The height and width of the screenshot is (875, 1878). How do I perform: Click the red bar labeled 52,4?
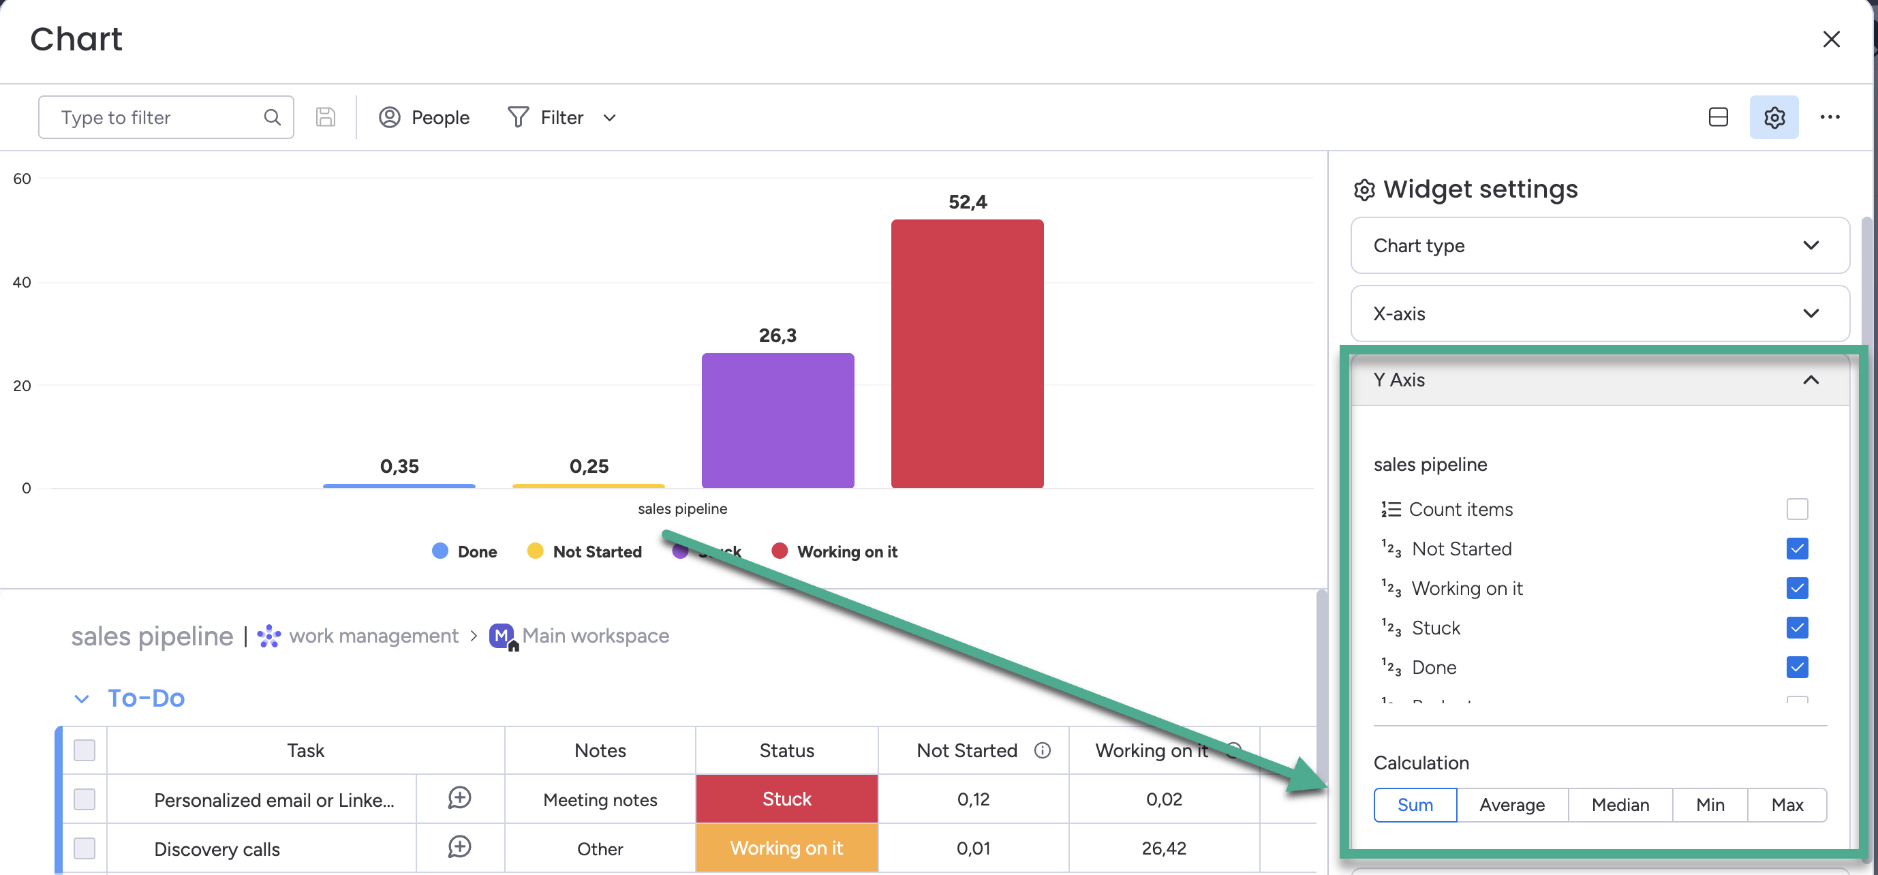[967, 354]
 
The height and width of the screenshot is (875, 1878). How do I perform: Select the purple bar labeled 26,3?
[777, 420]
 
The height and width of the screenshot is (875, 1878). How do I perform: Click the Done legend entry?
[465, 551]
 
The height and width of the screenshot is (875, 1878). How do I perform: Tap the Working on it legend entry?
[835, 551]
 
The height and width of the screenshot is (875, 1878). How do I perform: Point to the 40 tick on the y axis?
[22, 282]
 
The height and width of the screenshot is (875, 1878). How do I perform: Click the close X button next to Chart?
[1830, 40]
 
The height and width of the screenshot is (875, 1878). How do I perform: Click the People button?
[425, 117]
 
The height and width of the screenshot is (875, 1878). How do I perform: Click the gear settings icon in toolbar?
[1773, 117]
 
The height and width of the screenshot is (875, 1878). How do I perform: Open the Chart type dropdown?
[1599, 246]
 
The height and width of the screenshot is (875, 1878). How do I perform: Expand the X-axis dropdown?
[1599, 313]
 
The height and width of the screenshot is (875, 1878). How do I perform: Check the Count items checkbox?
[1796, 509]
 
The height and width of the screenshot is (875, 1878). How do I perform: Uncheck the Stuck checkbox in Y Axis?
[1796, 628]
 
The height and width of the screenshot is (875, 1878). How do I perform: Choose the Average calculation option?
[1511, 805]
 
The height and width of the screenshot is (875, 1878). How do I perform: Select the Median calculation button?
[1619, 805]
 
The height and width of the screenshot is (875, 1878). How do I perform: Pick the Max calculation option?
[1786, 805]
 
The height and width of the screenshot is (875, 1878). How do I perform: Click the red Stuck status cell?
[786, 799]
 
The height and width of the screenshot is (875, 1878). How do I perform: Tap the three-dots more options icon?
[1829, 117]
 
